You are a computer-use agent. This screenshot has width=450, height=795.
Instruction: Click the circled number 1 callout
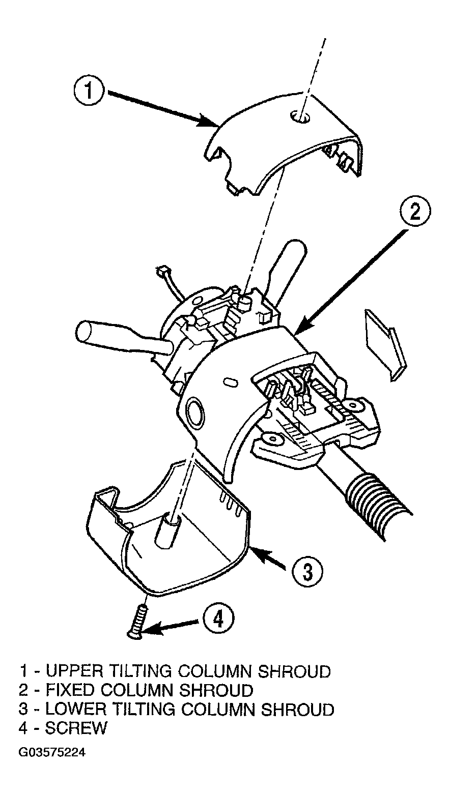tap(89, 91)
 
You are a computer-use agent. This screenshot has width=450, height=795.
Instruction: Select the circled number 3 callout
tap(307, 571)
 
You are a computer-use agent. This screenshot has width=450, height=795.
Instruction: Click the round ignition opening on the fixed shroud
tap(194, 413)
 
